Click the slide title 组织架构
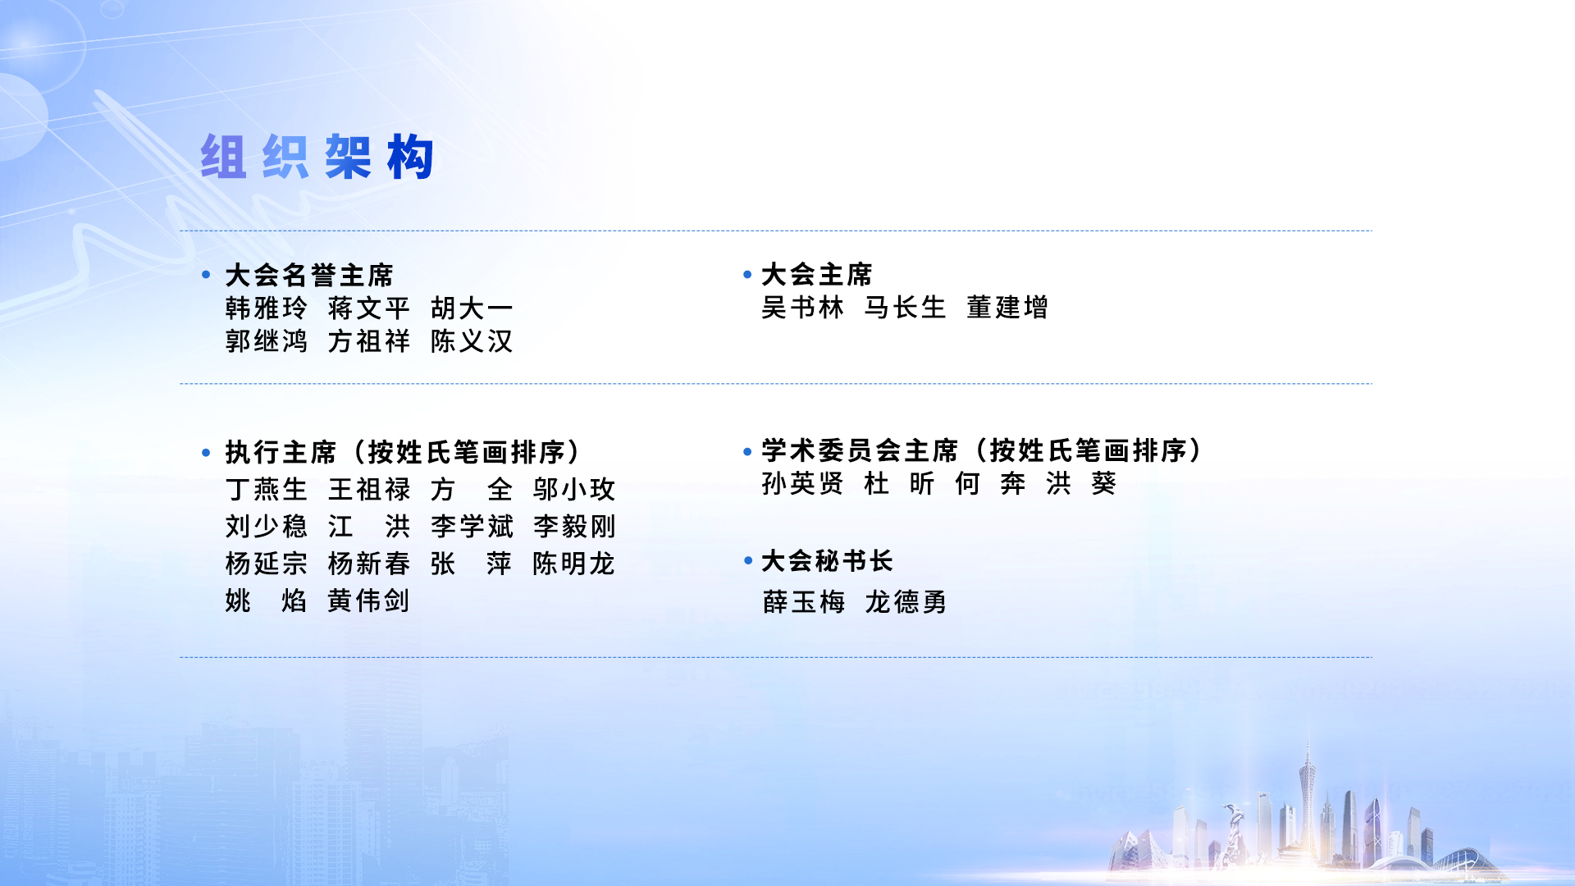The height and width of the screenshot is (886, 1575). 317,157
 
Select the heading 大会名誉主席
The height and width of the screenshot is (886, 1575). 309,275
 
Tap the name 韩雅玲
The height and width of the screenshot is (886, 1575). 267,308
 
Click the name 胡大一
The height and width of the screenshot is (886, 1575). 472,308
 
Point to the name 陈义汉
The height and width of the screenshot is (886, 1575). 472,341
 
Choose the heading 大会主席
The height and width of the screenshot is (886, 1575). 817,274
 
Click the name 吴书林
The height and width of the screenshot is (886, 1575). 802,308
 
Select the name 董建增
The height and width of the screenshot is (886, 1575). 1007,308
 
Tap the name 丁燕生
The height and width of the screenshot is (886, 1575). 267,490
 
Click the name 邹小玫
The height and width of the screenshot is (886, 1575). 574,490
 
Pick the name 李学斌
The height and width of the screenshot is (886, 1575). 472,527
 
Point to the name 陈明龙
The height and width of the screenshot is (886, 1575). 574,564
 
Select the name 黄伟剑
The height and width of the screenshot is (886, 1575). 369,601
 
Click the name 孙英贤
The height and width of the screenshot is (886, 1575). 802,484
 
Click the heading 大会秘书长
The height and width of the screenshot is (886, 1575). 827,561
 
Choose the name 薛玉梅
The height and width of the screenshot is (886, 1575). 804,602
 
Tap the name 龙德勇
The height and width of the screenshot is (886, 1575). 906,602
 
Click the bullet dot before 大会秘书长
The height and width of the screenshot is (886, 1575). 748,560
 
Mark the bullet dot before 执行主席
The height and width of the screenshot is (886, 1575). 206,452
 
